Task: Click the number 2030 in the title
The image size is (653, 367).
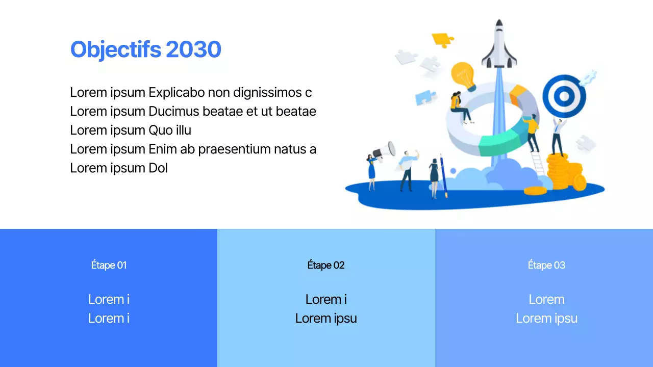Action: click(x=193, y=49)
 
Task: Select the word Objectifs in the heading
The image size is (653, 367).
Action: click(x=116, y=49)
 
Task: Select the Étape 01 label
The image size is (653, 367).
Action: click(x=109, y=265)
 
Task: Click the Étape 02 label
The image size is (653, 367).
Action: click(x=326, y=265)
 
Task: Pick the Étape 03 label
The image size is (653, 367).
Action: click(x=546, y=265)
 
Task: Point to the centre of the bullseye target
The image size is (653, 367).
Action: click(x=564, y=95)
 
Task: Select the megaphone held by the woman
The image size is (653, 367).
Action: click(x=385, y=150)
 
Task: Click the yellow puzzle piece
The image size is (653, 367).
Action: click(x=442, y=39)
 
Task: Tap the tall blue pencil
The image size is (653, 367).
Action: click(x=443, y=176)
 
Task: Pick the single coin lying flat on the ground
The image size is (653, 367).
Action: click(x=535, y=191)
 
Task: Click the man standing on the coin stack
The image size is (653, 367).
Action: click(x=558, y=136)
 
